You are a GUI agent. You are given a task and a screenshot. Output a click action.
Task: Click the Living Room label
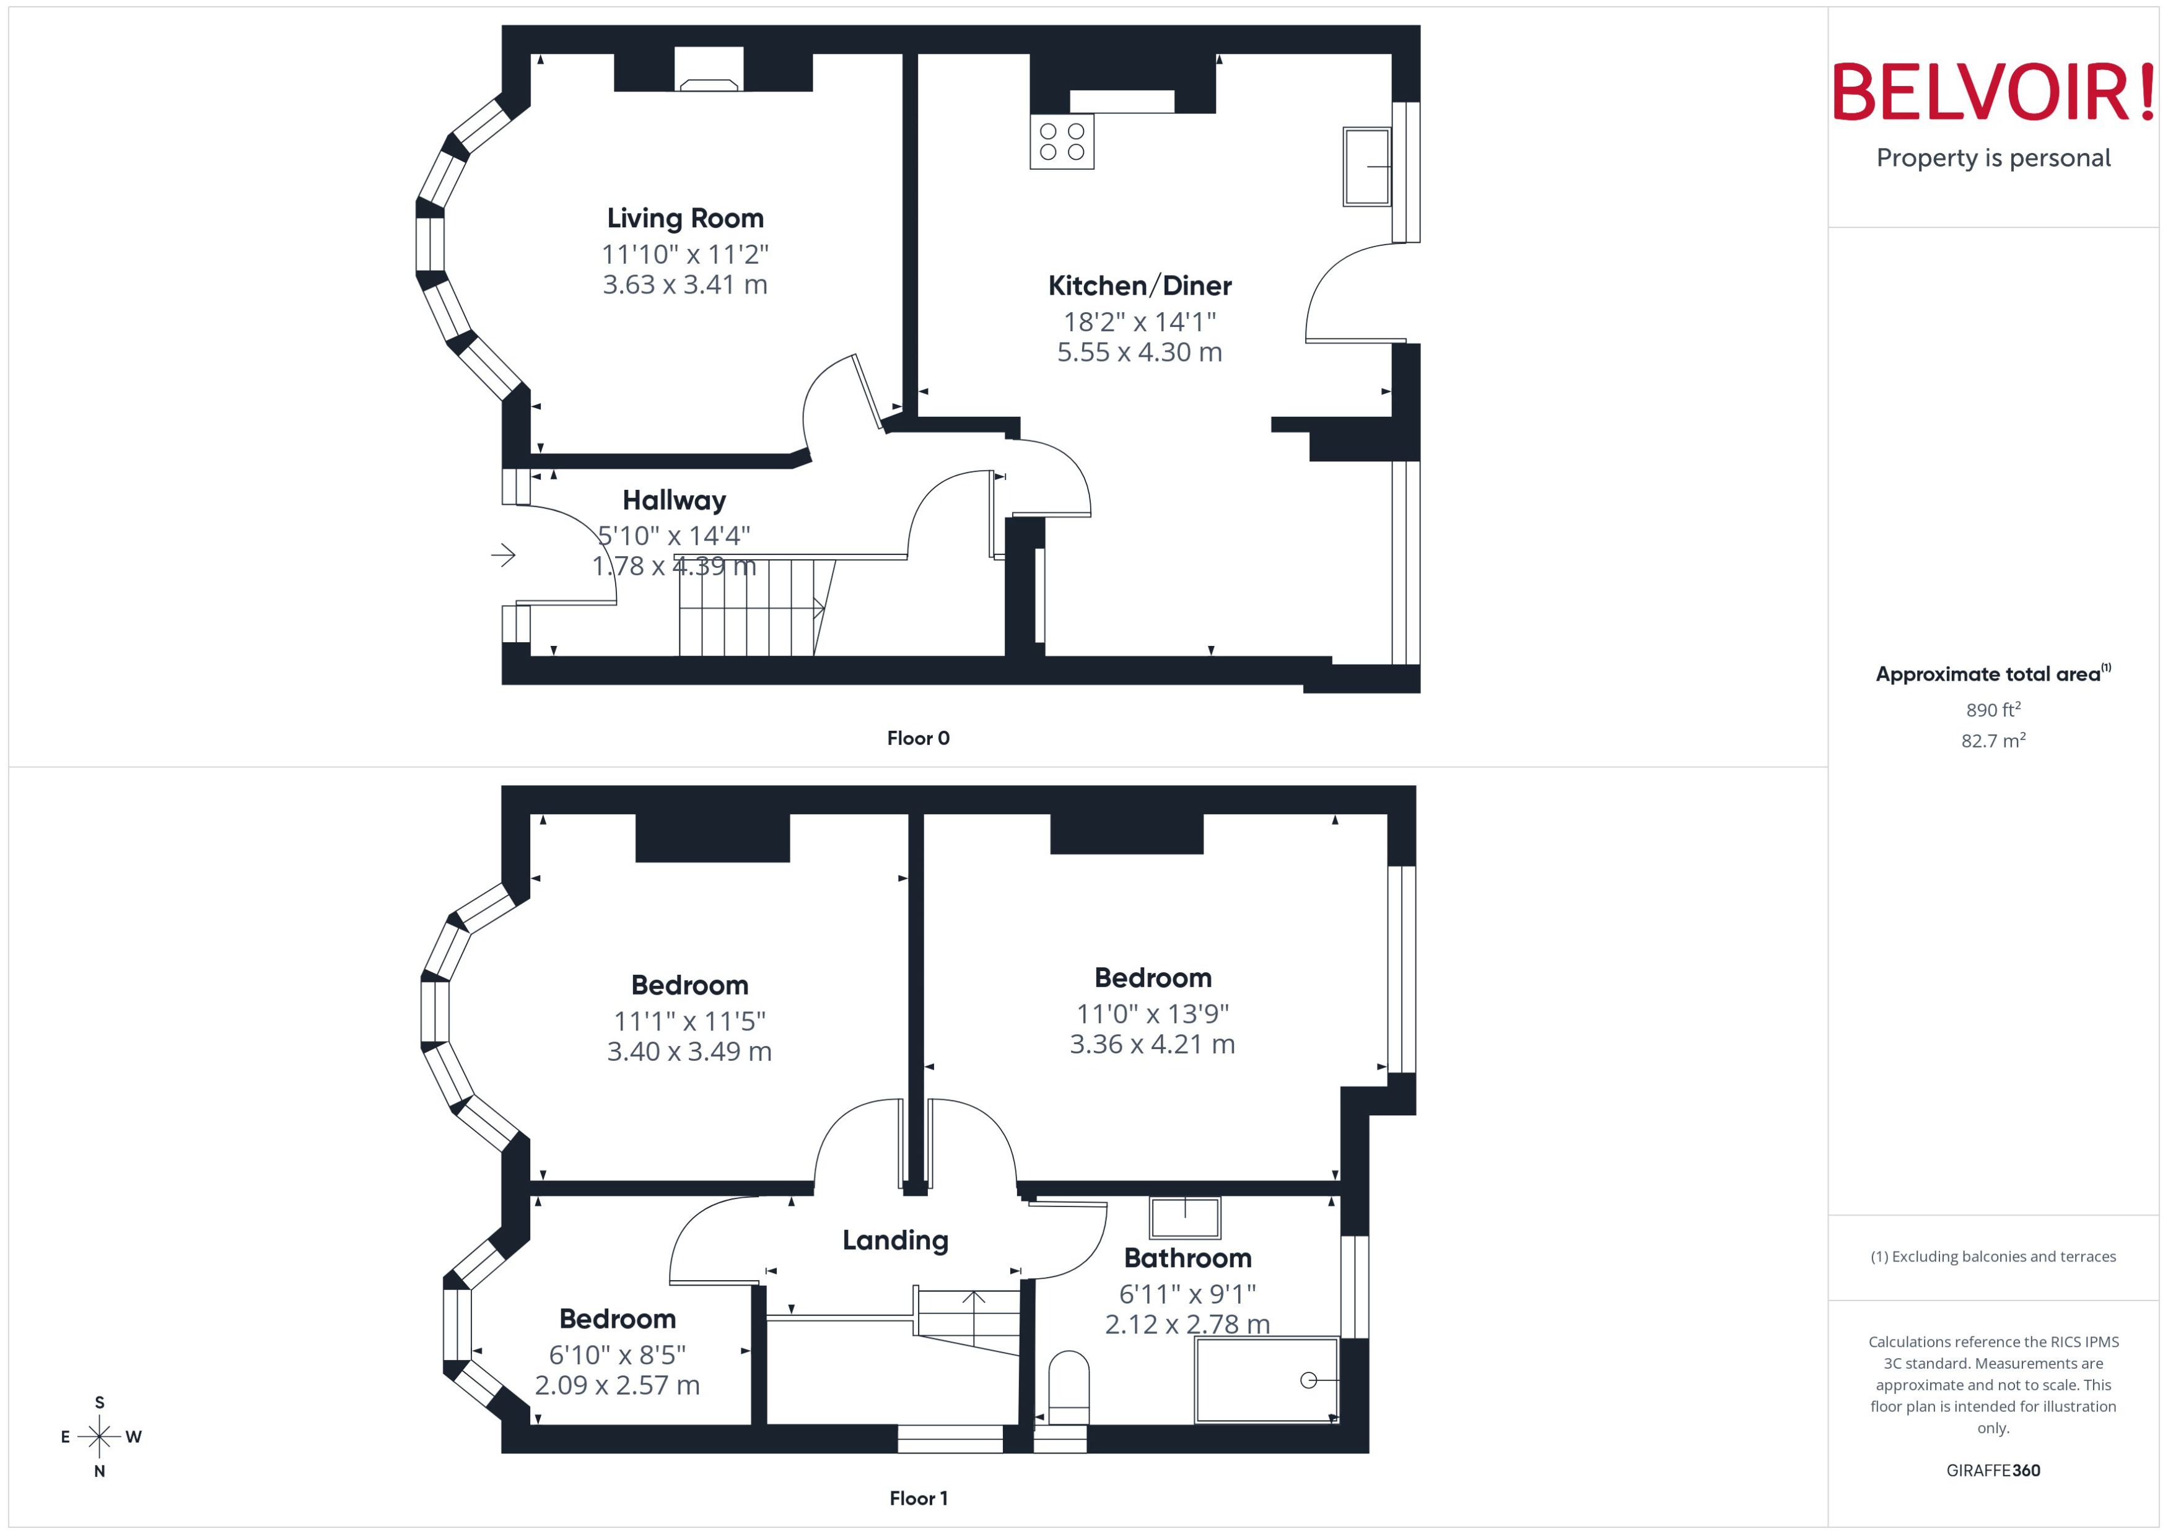coord(685,218)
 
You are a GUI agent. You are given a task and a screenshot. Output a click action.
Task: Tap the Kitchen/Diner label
coord(1139,285)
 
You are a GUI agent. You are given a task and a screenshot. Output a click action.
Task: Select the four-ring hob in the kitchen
coord(1062,142)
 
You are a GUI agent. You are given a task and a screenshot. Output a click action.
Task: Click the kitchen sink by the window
coord(1366,167)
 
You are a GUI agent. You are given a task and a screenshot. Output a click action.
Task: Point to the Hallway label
coord(673,500)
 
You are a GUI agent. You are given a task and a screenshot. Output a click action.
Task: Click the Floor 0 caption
coord(917,738)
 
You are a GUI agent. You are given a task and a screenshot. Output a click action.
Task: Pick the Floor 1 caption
coord(917,1497)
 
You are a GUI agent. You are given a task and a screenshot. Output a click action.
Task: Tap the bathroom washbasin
coord(1184,1217)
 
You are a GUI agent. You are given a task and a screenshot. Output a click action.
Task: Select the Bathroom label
coord(1187,1258)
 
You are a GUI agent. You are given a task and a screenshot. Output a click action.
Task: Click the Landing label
coord(894,1240)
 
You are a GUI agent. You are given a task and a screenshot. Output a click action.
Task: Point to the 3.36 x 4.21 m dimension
coord(1152,1044)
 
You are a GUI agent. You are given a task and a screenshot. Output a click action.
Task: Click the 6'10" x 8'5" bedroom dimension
coord(617,1354)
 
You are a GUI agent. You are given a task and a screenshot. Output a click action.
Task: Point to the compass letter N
coord(99,1471)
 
